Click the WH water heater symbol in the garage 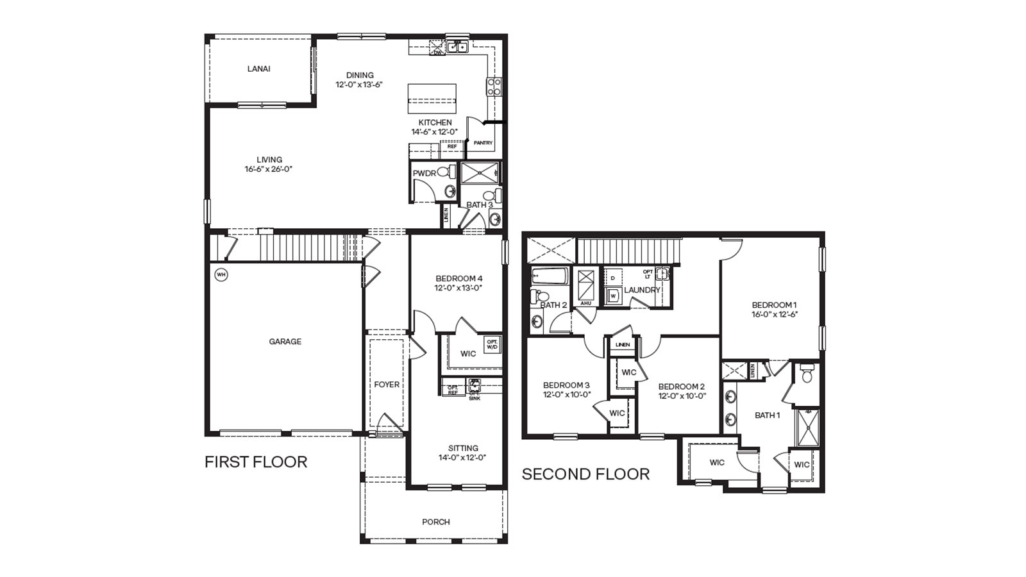click(221, 275)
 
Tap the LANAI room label click(258, 69)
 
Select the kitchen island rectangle click(432, 98)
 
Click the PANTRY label click(483, 143)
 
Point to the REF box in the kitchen click(451, 147)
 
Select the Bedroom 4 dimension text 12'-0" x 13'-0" click(458, 288)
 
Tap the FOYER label click(387, 385)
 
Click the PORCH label click(435, 522)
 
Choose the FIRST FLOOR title click(256, 462)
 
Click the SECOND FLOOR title click(585, 474)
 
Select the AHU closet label click(585, 303)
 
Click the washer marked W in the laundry click(613, 296)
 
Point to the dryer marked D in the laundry click(613, 278)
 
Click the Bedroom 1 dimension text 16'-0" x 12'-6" click(774, 315)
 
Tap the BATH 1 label click(767, 415)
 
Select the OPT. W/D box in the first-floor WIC click(492, 344)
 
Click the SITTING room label click(463, 448)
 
